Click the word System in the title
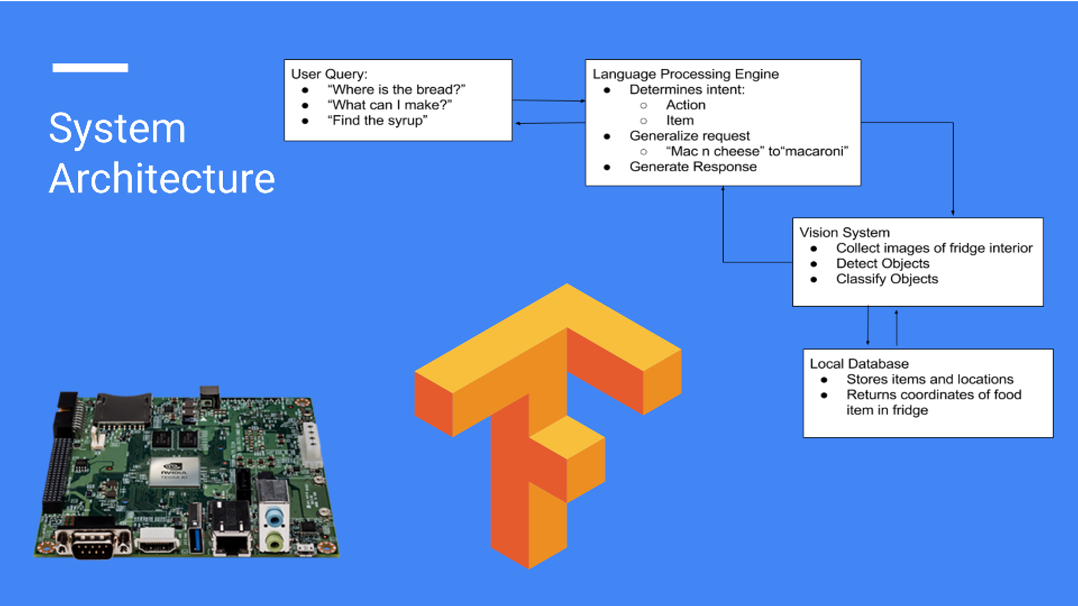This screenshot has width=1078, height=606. click(117, 129)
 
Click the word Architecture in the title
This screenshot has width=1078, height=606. click(162, 179)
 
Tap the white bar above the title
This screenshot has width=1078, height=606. click(90, 68)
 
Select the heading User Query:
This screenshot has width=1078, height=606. click(329, 74)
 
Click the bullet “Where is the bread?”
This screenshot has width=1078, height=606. click(396, 90)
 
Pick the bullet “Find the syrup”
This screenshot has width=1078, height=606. click(377, 121)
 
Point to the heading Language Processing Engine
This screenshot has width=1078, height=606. click(686, 74)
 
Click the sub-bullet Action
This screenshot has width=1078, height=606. click(686, 105)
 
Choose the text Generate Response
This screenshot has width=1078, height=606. click(693, 167)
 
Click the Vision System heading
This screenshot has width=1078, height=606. click(844, 232)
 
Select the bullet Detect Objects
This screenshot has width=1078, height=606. click(883, 264)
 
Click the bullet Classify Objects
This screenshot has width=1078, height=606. click(887, 279)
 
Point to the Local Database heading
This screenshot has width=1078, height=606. click(859, 364)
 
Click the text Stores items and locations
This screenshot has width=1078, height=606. click(930, 379)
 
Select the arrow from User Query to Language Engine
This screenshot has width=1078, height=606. click(549, 100)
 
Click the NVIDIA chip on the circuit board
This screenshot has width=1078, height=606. click(175, 470)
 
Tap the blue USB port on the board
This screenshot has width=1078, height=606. click(195, 539)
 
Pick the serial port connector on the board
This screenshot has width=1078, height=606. click(93, 543)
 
